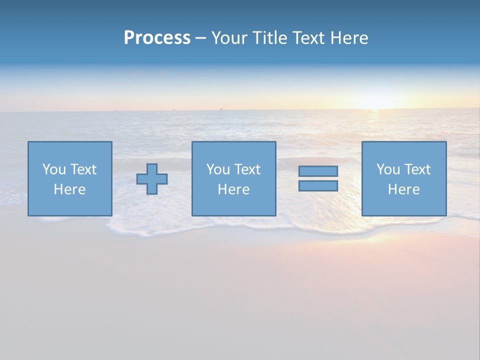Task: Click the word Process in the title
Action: coord(157,38)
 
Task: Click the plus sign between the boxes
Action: coord(152,179)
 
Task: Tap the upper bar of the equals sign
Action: coord(318,171)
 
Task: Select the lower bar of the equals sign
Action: coord(318,185)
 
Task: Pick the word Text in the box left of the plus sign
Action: coord(83,169)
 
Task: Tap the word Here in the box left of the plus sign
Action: coord(69,189)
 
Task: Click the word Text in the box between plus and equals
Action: coord(247,169)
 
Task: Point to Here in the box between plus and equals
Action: coord(233,189)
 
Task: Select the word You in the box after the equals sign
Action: coord(388,169)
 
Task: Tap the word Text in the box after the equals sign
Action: coord(417,169)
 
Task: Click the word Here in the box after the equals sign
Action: coord(403,189)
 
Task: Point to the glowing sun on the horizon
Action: coord(376,102)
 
